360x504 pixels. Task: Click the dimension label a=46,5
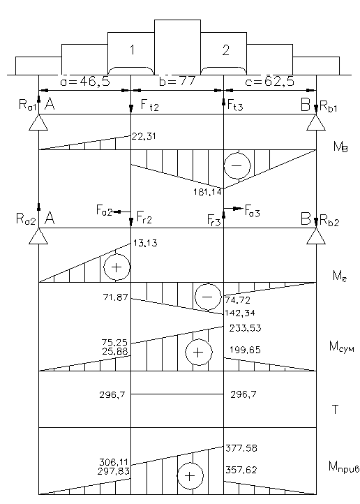[x=85, y=82]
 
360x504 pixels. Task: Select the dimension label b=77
[x=177, y=81]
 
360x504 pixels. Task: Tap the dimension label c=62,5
[x=269, y=82]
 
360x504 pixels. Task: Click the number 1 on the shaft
[x=132, y=50]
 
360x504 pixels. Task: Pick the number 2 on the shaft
[x=226, y=50]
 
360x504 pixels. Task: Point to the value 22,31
[x=144, y=137]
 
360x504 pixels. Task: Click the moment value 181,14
[x=207, y=192]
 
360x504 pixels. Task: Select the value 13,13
[x=145, y=243]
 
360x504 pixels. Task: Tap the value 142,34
[x=240, y=313]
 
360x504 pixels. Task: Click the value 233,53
[x=245, y=328]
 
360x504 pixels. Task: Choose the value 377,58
[x=241, y=448]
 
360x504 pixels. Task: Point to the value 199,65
[x=245, y=350]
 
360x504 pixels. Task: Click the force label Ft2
[x=150, y=105]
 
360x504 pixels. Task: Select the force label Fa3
[x=252, y=211]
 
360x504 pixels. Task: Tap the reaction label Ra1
[x=27, y=105]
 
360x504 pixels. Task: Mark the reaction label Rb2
[x=329, y=221]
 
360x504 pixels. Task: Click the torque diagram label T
[x=336, y=410]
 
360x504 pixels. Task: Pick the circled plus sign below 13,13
[x=117, y=267]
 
